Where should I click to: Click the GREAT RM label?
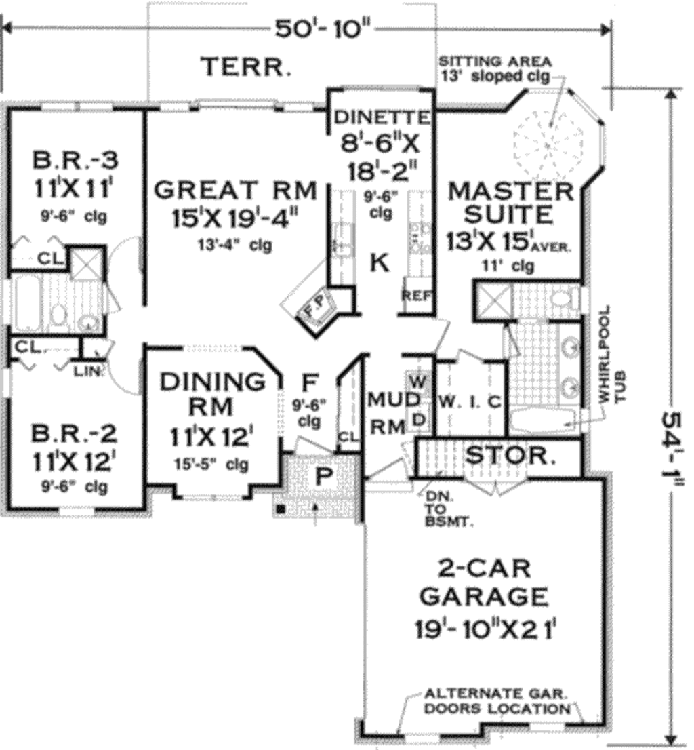(235, 190)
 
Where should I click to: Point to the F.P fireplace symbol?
(313, 309)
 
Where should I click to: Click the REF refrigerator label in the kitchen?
(413, 295)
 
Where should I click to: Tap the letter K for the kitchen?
(380, 262)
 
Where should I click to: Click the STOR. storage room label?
(510, 456)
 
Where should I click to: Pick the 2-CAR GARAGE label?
(483, 583)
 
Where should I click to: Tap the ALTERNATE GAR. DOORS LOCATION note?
(496, 702)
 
